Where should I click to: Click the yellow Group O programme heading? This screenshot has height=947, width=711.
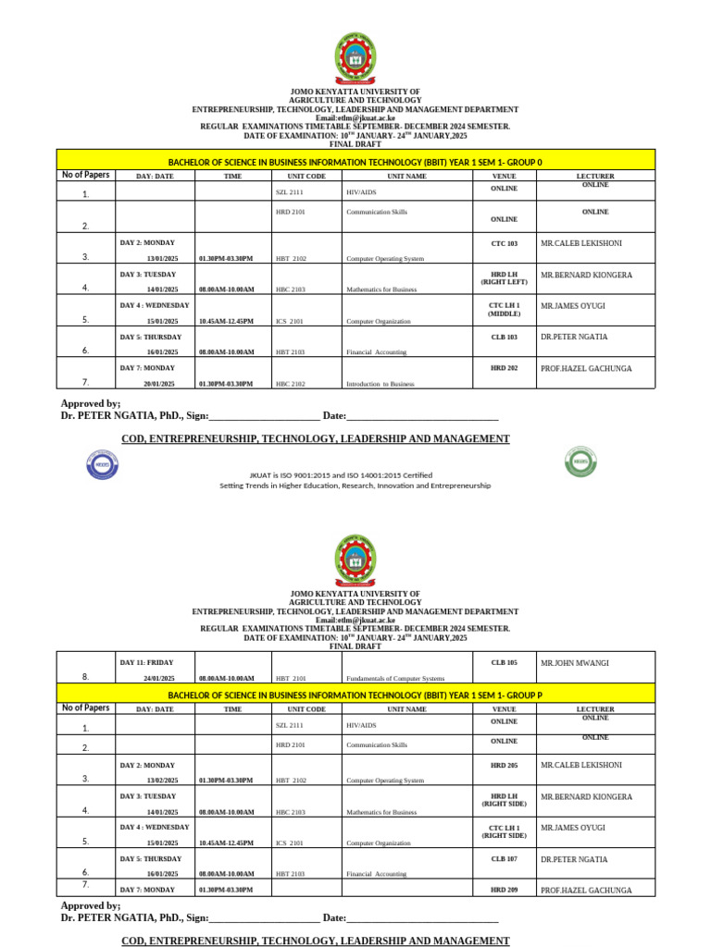click(x=355, y=162)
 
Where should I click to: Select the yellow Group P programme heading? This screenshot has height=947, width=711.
click(x=355, y=695)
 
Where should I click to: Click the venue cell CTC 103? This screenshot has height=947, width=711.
click(x=504, y=243)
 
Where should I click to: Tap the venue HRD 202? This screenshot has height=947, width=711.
click(x=504, y=368)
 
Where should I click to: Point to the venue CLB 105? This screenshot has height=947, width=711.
click(x=504, y=662)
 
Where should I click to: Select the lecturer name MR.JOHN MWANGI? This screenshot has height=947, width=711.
click(x=575, y=662)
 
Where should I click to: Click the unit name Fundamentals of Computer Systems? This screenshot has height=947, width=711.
click(x=395, y=679)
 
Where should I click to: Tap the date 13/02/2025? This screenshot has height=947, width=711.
click(x=162, y=781)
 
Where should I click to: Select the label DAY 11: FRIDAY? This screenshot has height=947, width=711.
click(x=147, y=662)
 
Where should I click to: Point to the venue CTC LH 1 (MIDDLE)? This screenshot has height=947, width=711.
click(x=504, y=309)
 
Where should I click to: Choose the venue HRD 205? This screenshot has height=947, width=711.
click(x=504, y=765)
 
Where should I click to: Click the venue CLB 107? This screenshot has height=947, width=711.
click(x=504, y=859)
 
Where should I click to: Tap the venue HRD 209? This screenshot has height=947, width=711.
click(x=504, y=890)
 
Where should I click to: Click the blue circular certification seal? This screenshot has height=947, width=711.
click(x=102, y=463)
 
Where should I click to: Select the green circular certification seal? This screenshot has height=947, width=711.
click(x=580, y=461)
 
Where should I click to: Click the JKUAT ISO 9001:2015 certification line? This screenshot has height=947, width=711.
click(x=355, y=475)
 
